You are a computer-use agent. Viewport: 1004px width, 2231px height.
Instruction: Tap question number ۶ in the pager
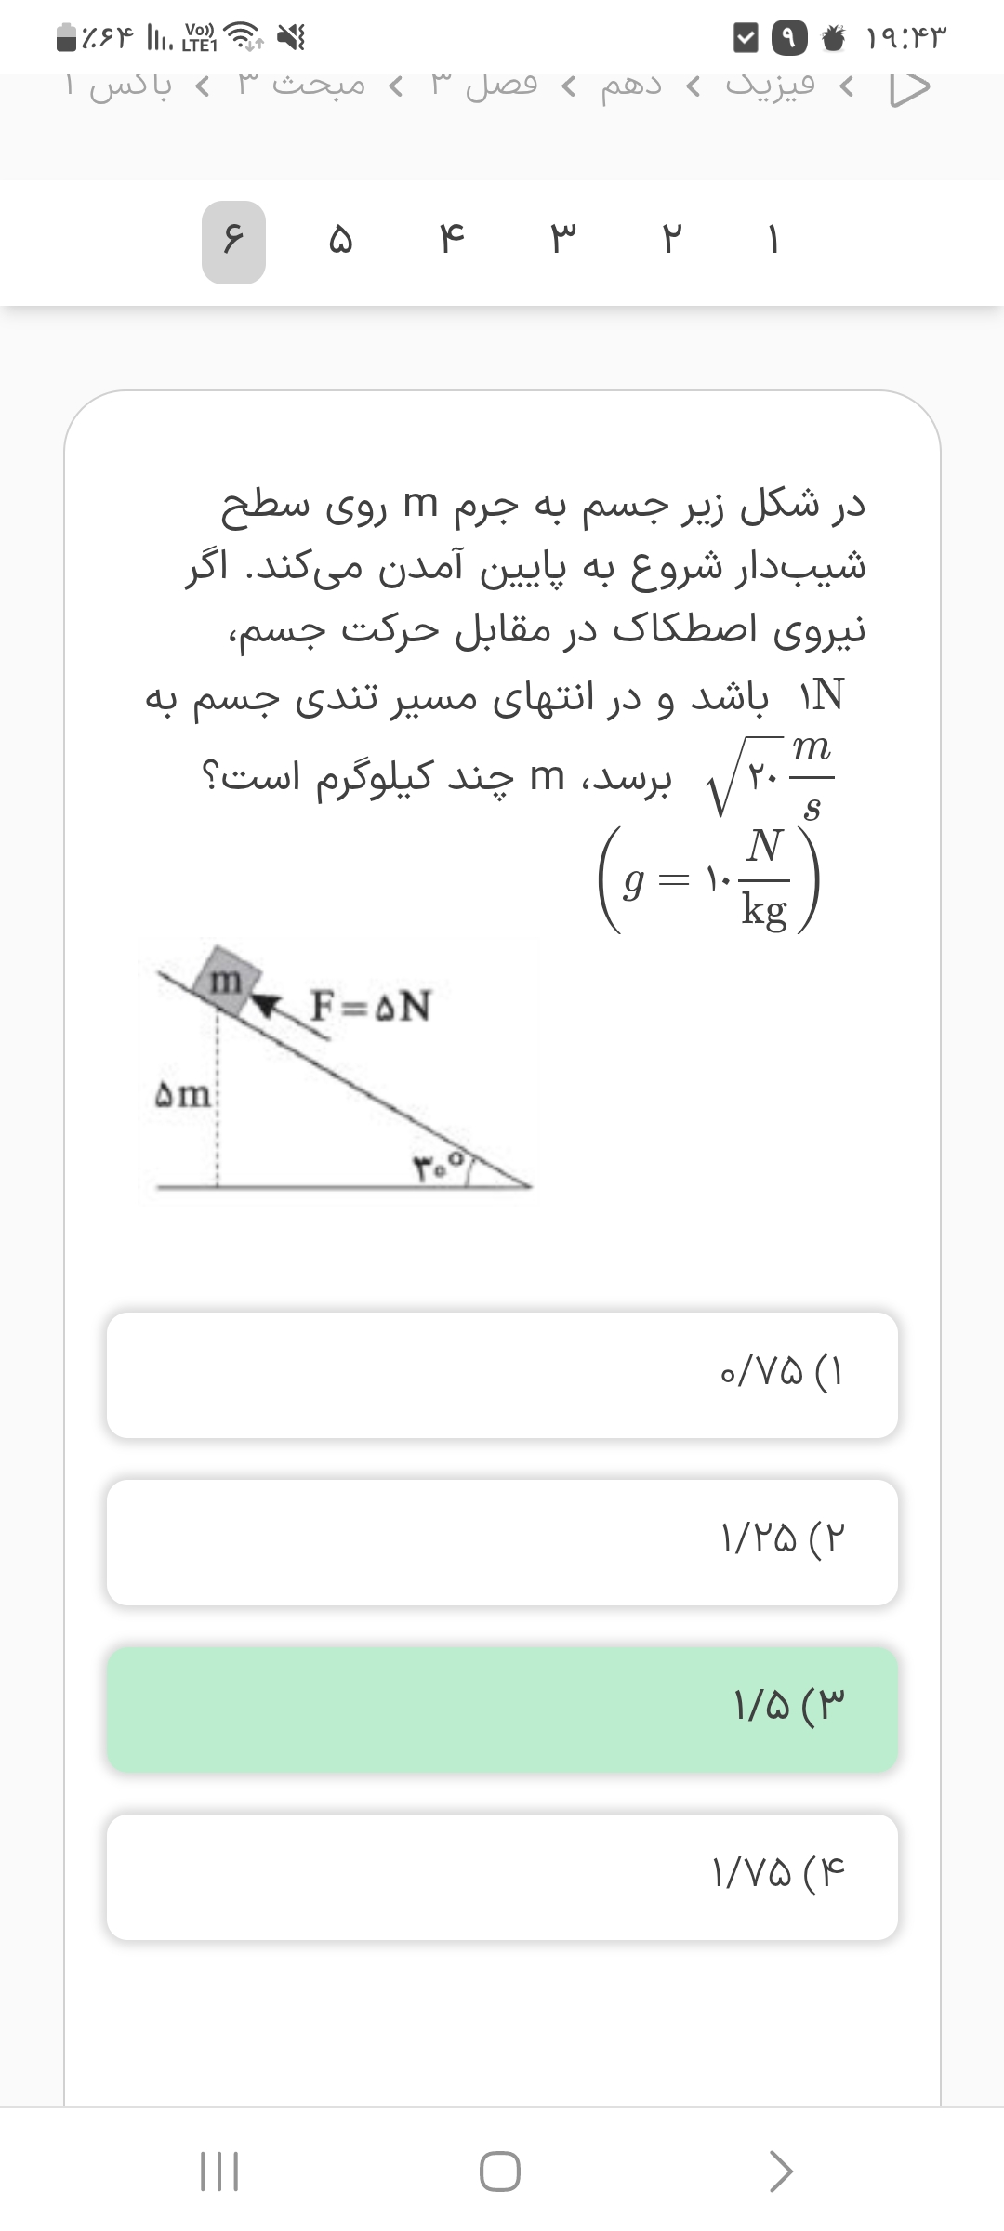tap(233, 242)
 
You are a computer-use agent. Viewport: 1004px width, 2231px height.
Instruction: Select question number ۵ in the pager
tap(340, 242)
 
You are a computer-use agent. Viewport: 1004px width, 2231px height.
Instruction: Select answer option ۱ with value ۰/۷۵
tap(502, 1375)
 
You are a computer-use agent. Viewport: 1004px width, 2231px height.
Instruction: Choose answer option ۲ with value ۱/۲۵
tap(502, 1542)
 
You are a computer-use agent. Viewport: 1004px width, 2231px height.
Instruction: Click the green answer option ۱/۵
tap(502, 1709)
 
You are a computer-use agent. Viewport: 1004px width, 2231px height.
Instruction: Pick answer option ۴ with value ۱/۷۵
tap(502, 1877)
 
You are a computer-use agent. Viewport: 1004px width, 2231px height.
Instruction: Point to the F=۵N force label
tap(370, 1006)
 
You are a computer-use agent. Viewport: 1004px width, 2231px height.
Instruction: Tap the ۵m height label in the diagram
tap(183, 1095)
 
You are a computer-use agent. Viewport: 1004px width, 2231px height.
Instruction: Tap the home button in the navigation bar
tap(500, 2172)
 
